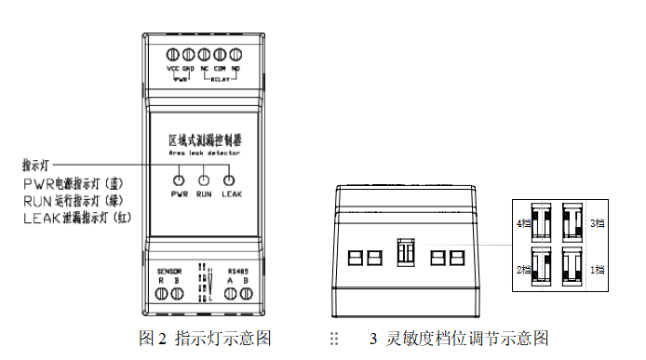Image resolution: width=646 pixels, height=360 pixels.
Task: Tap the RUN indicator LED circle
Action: coord(204,180)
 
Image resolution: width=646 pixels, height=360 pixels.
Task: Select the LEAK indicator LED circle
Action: coord(228,180)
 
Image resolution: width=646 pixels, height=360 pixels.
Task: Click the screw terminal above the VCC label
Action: coord(173,55)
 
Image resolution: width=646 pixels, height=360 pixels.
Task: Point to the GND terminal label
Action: coord(189,69)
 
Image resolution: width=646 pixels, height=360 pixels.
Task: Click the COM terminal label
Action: coord(220,69)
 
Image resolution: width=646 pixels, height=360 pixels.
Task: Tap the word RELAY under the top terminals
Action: coord(220,79)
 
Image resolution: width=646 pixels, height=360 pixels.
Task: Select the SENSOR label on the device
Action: coord(168,271)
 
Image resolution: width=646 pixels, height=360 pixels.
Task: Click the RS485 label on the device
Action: coord(239,271)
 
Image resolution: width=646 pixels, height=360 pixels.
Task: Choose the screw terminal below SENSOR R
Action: coord(162,293)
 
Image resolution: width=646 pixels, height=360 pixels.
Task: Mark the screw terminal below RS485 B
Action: coord(247,293)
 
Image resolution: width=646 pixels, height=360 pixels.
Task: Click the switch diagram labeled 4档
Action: coord(538,221)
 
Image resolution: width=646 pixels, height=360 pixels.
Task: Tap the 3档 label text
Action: coord(598,223)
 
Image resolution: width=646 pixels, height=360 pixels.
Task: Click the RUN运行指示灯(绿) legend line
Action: coord(87,200)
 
